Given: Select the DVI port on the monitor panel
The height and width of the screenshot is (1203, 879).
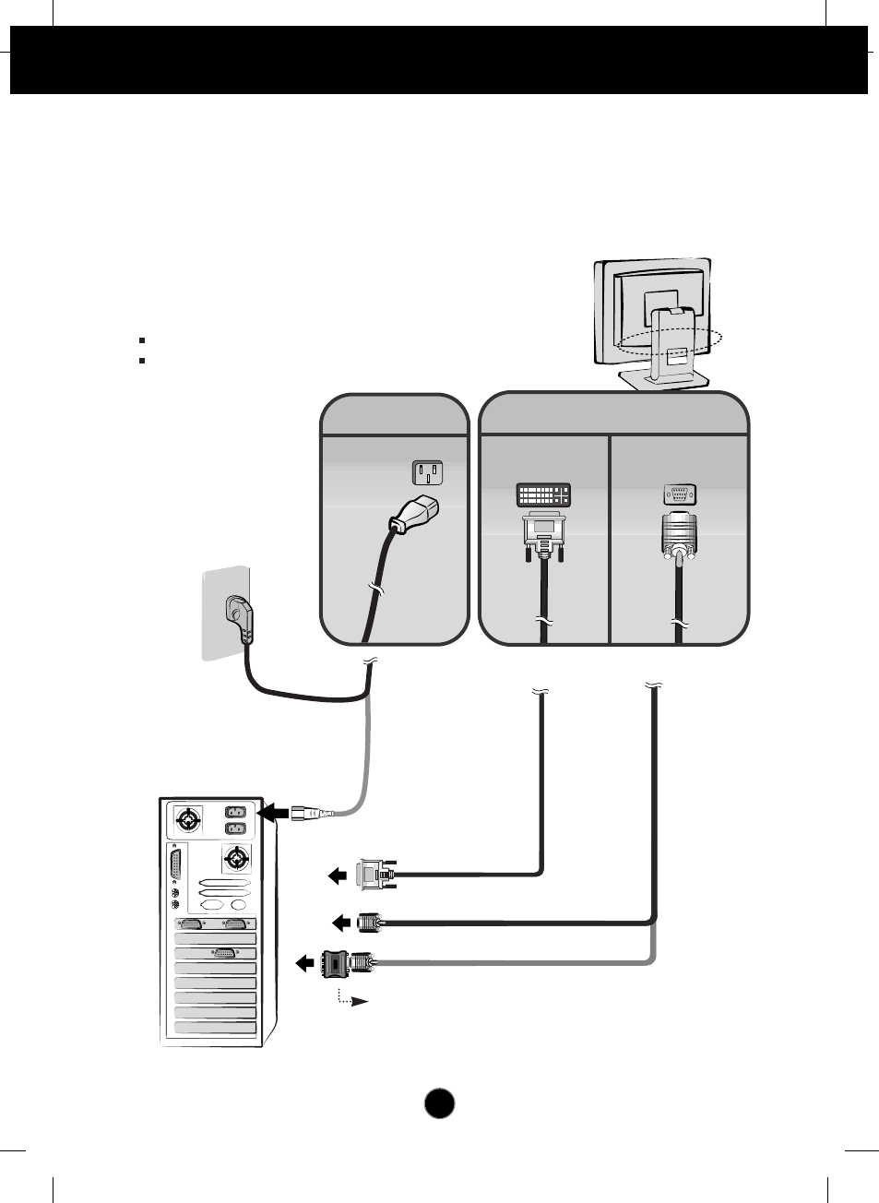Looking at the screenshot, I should (542, 494).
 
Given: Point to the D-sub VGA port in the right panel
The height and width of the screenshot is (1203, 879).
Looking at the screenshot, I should (680, 494).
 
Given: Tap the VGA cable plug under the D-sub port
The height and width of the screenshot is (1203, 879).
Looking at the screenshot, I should (679, 535).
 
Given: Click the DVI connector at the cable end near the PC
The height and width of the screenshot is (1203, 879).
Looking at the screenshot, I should (374, 874).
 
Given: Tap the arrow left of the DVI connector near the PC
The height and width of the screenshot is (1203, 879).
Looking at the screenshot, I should (339, 875).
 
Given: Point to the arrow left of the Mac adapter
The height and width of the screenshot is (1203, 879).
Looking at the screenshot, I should (304, 964).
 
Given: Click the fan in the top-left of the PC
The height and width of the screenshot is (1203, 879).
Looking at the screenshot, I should (188, 819).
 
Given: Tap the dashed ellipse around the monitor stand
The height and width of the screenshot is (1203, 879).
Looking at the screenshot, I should (670, 342).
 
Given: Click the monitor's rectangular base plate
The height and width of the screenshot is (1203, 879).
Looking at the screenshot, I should (662, 378).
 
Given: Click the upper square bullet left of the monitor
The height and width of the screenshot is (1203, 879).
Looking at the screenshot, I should (142, 340).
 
